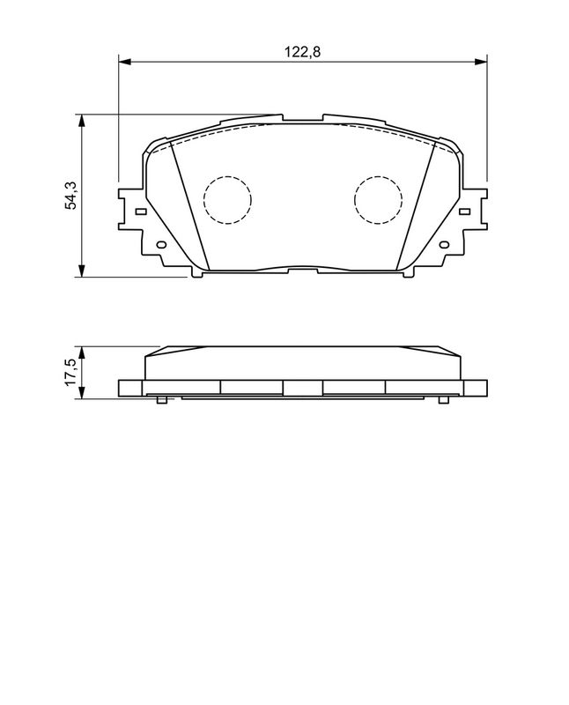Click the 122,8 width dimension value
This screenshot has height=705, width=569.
click(x=301, y=52)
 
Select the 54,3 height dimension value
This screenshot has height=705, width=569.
click(x=71, y=195)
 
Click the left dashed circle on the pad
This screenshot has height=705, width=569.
click(x=227, y=199)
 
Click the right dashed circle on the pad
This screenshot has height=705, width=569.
click(x=379, y=199)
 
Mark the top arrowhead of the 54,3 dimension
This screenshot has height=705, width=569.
click(x=82, y=119)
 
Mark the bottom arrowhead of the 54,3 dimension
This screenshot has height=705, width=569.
click(x=82, y=272)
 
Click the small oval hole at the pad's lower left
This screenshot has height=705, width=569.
click(x=160, y=245)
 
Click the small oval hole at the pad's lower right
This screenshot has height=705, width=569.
click(x=445, y=245)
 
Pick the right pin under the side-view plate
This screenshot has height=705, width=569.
click(x=443, y=401)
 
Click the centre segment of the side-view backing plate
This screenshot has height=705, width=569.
click(x=302, y=387)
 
